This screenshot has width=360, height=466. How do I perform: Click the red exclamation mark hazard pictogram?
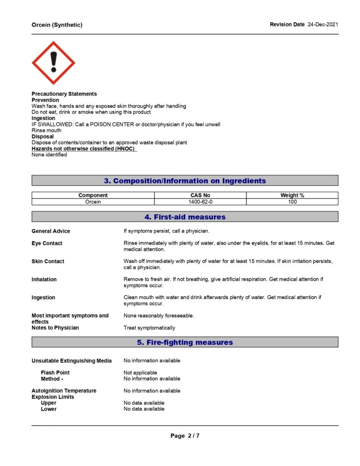pos(53,63)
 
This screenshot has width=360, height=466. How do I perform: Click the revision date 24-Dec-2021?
pos(323,24)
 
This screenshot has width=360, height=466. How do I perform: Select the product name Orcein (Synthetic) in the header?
pos(57,25)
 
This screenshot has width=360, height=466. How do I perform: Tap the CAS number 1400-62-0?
pos(200,202)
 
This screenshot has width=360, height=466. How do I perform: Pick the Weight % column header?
pos(292,195)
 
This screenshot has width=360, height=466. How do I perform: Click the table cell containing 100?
pos(292,202)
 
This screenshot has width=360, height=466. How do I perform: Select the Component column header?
pos(93,195)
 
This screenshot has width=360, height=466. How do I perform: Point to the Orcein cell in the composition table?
pos(93,202)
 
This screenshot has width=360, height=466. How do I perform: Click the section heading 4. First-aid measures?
pos(185,217)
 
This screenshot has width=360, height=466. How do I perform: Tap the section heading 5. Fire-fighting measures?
pos(185,342)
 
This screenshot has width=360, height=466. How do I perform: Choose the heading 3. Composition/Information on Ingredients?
pos(185,181)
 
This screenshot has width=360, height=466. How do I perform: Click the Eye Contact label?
pos(47,243)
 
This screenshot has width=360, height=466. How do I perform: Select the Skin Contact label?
pos(48,261)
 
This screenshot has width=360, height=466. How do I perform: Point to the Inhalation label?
pos(44,279)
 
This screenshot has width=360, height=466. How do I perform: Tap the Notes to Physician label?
pos(55,328)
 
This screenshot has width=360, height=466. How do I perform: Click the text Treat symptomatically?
pos(149,328)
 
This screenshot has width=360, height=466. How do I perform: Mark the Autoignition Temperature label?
pos(64,390)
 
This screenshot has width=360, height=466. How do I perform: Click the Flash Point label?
pos(55,372)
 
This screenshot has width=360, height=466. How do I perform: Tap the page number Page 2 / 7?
pos(185,436)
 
